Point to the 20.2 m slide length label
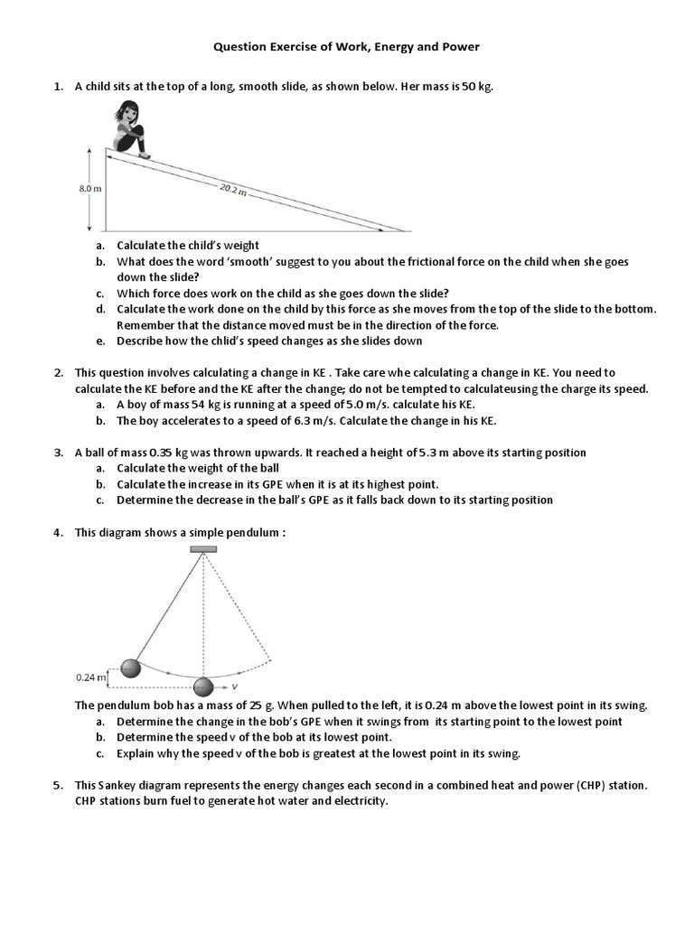coord(233,191)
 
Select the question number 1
coord(57,87)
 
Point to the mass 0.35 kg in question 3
coord(168,453)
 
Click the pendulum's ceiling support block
coord(202,549)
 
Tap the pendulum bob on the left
coord(131,668)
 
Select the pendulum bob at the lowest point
coord(203,687)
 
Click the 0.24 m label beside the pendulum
coord(90,676)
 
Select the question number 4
coord(57,532)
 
